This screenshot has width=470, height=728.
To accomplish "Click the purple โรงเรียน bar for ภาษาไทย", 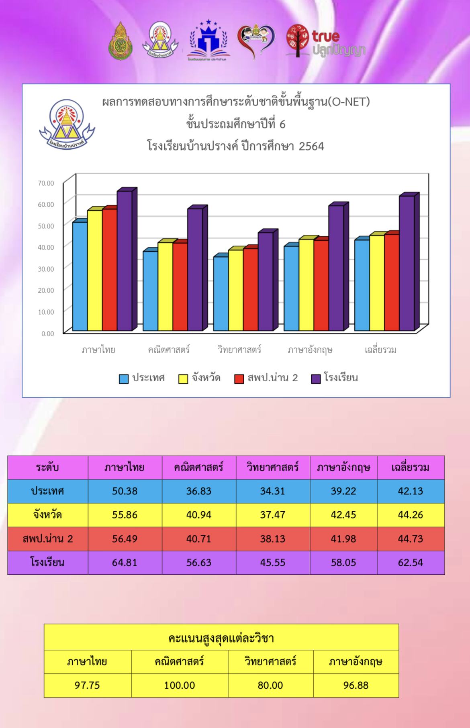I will point(125,261).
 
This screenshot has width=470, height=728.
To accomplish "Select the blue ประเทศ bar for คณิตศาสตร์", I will point(150,291).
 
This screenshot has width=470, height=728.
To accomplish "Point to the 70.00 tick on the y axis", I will point(46,183).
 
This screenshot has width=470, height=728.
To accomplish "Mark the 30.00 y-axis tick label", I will point(46,269).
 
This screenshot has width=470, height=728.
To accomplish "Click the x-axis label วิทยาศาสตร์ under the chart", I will point(239,350).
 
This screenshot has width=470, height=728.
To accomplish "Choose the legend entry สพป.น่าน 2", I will point(267,378).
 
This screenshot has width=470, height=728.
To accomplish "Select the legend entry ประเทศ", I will point(142,378).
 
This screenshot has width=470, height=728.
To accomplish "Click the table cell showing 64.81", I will point(125,563).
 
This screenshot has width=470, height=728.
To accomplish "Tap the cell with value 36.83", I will point(199,491).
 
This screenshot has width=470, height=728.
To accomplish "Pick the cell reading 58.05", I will point(343,563).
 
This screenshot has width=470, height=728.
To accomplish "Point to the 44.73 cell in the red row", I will point(411,539).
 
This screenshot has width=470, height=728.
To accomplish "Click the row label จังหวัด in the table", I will point(47,515).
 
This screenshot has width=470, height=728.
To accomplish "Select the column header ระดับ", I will point(47,468).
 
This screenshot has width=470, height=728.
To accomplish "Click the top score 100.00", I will point(180,685).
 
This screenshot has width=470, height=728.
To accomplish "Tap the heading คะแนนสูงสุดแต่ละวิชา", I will point(221,638).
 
